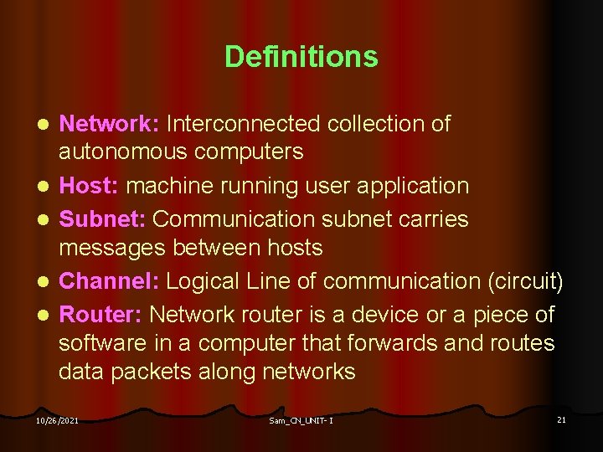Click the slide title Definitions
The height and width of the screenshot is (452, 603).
click(301, 57)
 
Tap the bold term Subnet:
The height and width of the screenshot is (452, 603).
click(103, 219)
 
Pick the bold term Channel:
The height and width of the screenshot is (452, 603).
click(108, 281)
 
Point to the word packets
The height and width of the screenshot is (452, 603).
click(152, 372)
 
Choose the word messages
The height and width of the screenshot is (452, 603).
click(114, 248)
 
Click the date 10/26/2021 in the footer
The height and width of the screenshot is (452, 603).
click(58, 420)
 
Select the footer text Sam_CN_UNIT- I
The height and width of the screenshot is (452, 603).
click(301, 420)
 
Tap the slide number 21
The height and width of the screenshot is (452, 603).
click(561, 419)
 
